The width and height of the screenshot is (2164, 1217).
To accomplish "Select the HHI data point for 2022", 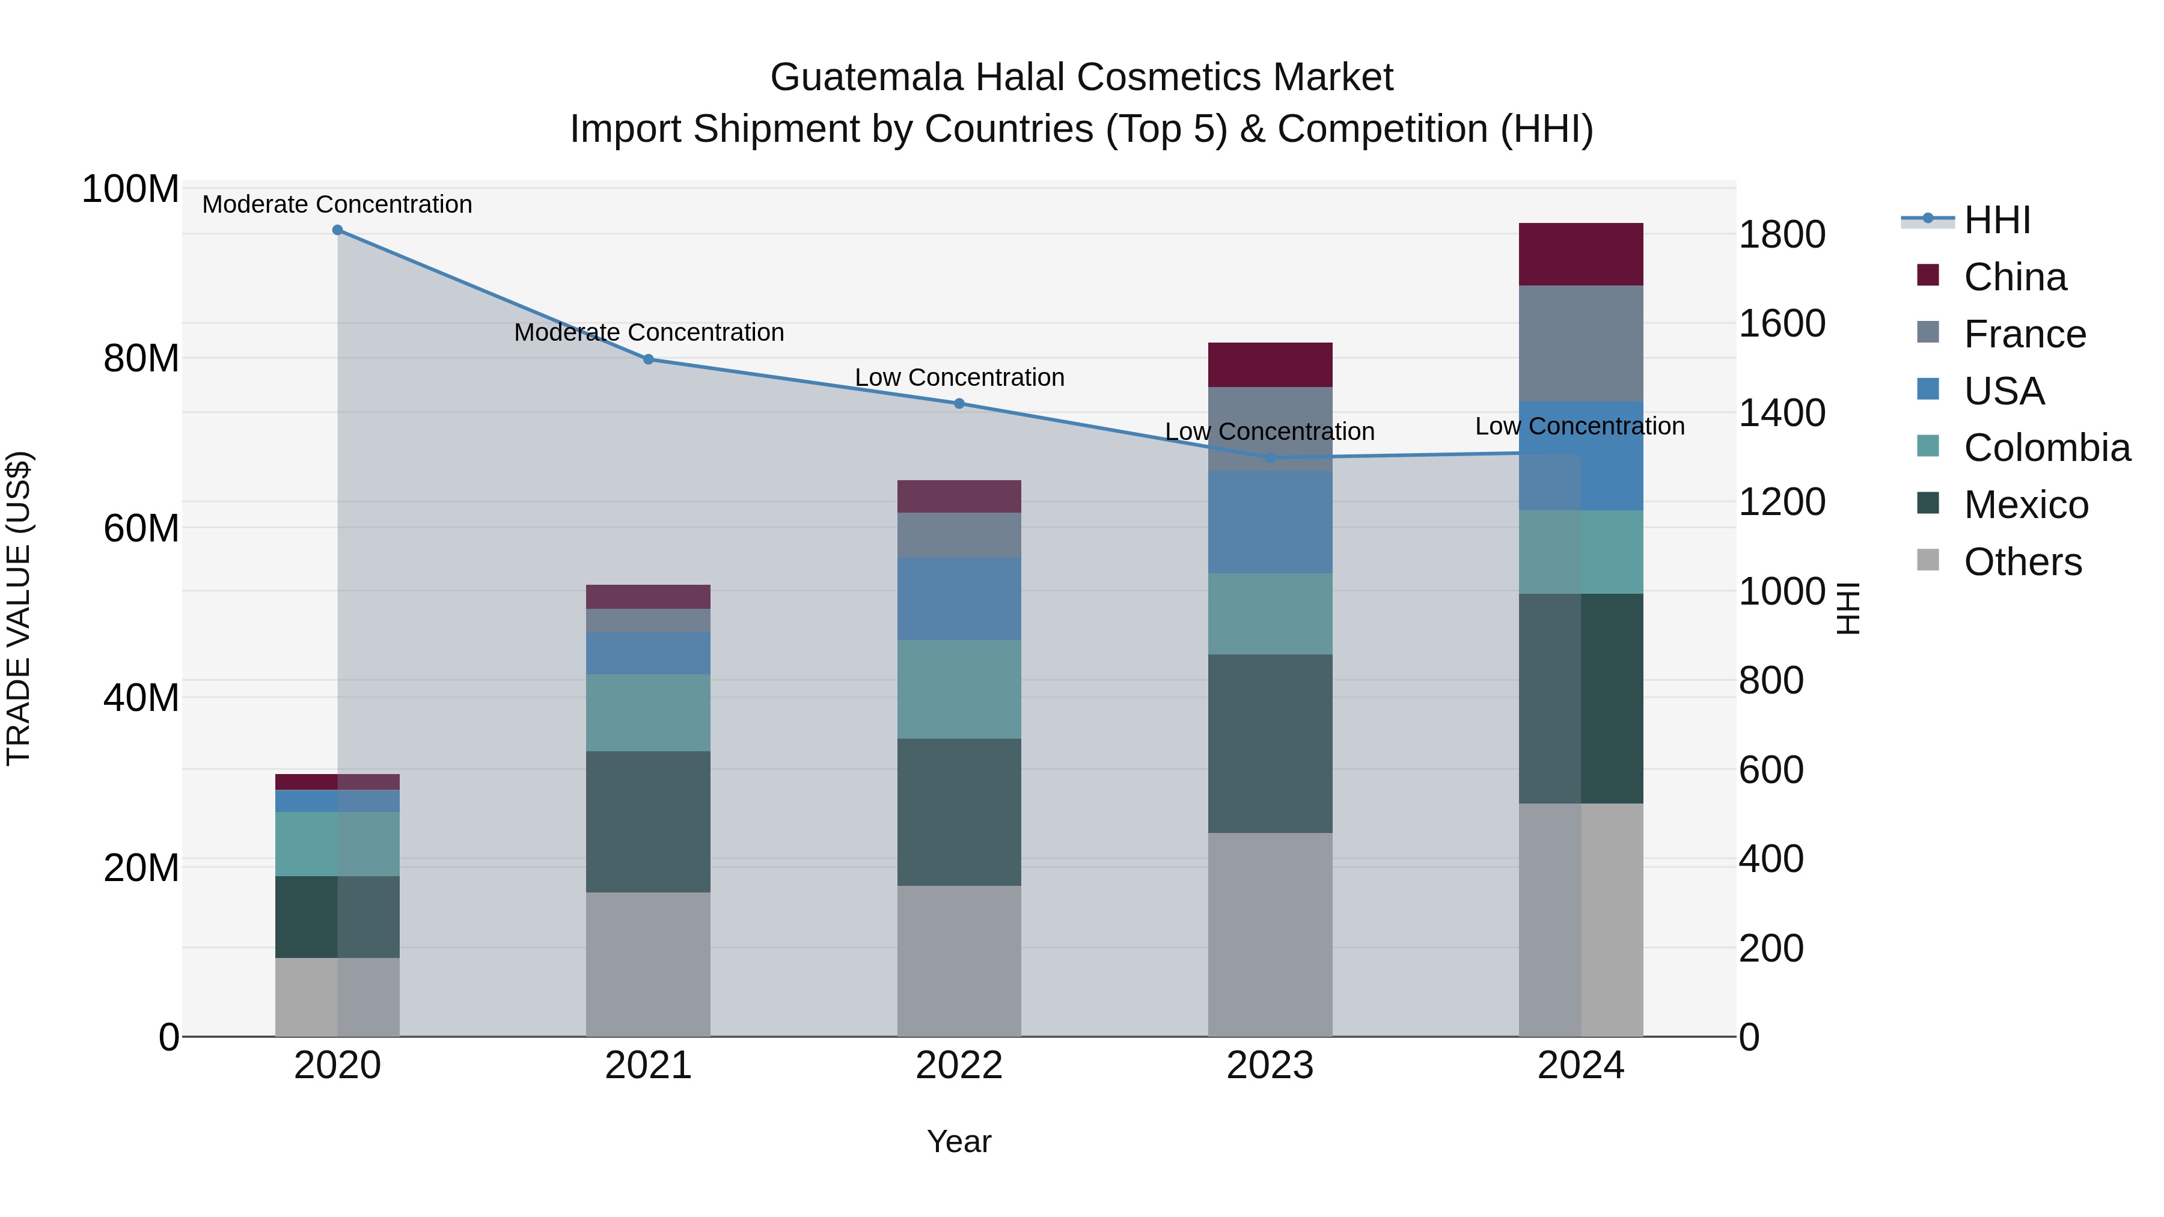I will click(959, 403).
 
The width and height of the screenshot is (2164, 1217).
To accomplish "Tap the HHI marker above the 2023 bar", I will click(1270, 458).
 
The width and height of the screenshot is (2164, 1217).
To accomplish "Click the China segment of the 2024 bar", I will click(1580, 254).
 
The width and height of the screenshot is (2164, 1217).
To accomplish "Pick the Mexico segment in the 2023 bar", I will click(1270, 743).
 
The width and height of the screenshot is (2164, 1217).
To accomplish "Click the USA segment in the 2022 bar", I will click(959, 598).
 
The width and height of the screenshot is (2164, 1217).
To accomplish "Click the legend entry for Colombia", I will click(2046, 448).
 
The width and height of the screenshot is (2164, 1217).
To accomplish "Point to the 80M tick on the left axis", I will click(140, 359).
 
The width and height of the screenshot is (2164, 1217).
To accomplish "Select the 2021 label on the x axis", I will click(647, 1066).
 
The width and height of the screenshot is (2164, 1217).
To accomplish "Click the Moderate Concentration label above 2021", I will click(649, 332).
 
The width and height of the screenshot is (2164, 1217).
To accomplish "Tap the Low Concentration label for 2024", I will click(1579, 426).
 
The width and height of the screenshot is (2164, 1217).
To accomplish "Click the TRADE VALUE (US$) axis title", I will click(19, 608).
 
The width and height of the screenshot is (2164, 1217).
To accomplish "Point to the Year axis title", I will click(959, 1141).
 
